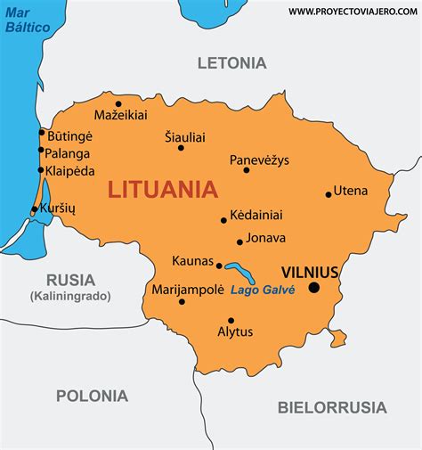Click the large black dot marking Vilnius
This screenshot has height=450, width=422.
(313, 287)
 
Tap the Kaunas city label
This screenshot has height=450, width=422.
(192, 261)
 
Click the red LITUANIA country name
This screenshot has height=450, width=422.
(162, 190)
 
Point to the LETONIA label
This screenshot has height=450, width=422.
(231, 63)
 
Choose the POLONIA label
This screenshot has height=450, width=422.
(92, 396)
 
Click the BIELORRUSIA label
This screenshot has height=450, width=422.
(332, 408)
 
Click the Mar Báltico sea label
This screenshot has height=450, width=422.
(28, 20)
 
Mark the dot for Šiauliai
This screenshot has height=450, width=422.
(181, 148)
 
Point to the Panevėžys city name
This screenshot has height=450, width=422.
(259, 160)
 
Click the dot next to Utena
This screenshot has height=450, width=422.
(329, 193)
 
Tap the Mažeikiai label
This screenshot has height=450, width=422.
(121, 115)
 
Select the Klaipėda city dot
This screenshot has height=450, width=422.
(41, 171)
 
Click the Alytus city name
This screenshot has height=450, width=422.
(235, 332)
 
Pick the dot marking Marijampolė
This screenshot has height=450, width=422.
(182, 302)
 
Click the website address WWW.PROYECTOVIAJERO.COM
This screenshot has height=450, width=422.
(353, 11)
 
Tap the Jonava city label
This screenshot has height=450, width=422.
(267, 238)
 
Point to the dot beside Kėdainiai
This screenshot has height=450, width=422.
(223, 220)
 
